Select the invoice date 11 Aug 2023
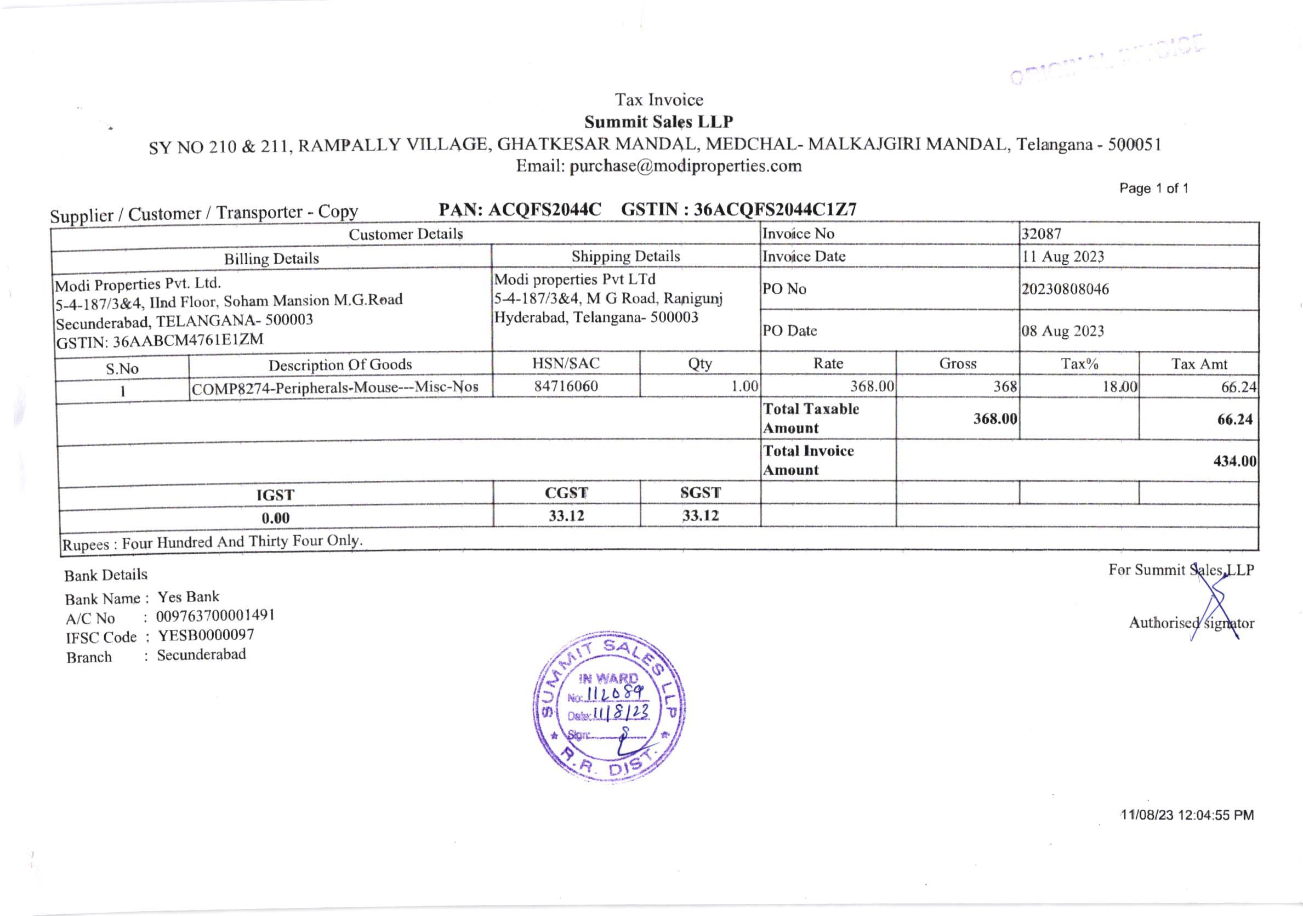[x=1063, y=257]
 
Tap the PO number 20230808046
[x=1065, y=289]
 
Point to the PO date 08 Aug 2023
[x=1063, y=331]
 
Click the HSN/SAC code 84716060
[x=566, y=386]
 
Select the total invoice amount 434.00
[x=1234, y=461]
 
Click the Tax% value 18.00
[x=1120, y=387]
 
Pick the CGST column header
[x=566, y=493]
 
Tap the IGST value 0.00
[x=275, y=518]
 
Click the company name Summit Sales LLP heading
[x=658, y=122]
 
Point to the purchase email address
[x=685, y=166]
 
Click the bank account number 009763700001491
[x=215, y=616]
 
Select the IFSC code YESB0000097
[x=206, y=635]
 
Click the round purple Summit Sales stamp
[x=610, y=707]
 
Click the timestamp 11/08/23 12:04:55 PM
[x=1187, y=816]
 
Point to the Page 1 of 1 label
[x=1153, y=189]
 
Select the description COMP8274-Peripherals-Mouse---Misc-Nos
[x=335, y=388]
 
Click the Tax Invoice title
[x=659, y=100]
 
